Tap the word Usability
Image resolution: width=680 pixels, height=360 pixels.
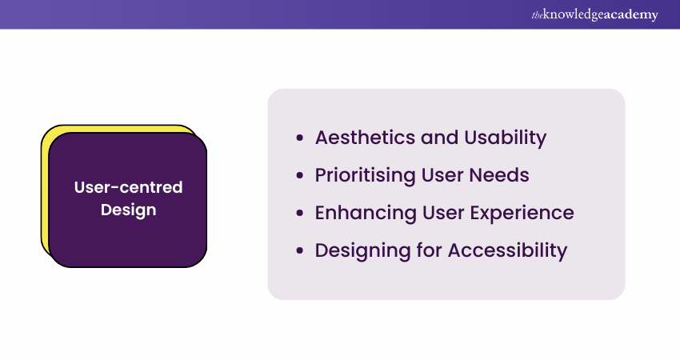coord(506,138)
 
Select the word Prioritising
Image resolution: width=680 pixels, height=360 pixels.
coord(365,176)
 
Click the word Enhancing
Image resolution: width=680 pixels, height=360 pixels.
coord(366,214)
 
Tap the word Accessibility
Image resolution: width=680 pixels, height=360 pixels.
coord(507,250)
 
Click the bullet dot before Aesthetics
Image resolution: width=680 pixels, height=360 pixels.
coord(300,138)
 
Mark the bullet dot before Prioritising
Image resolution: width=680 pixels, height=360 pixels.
coord(300,176)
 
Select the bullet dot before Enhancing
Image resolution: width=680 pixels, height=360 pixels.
coord(300,214)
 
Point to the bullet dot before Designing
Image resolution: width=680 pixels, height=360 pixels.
coord(300,250)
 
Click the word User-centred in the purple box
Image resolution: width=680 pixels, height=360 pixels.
coord(128,187)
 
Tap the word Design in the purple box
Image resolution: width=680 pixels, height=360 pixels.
coord(128,210)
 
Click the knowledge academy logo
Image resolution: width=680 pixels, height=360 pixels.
coord(594,14)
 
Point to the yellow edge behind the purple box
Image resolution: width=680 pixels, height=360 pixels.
coord(45,191)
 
